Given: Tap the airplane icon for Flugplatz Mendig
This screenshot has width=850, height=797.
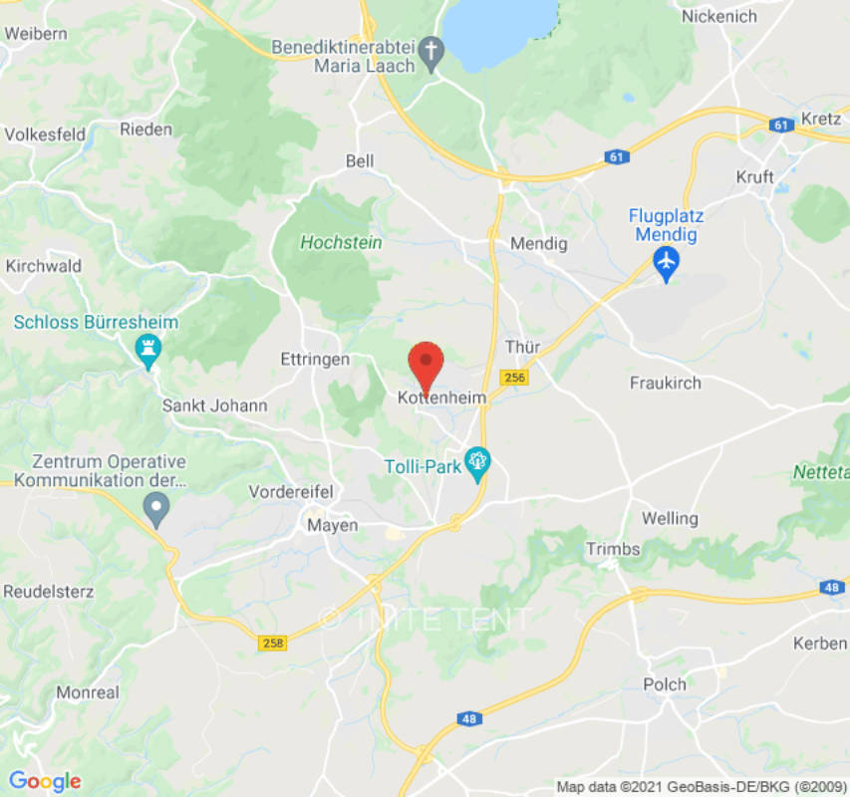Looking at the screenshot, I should tap(666, 263).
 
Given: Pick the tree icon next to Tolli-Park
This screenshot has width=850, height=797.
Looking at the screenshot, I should tap(479, 462).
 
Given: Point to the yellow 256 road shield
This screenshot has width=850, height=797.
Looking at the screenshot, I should tap(514, 378).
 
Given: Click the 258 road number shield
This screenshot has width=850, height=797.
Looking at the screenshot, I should tap(271, 644).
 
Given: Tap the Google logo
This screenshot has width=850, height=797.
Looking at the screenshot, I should tap(45, 781).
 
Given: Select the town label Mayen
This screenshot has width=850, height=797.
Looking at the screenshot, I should tap(333, 525).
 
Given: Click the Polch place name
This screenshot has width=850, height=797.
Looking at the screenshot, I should tap(665, 684).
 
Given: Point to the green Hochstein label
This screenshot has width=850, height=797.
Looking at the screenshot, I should tap(341, 242).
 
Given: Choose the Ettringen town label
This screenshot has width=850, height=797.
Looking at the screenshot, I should tap(316, 359).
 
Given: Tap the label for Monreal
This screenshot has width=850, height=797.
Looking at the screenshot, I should tap(88, 692).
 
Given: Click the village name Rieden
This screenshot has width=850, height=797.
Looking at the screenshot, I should tap(146, 129).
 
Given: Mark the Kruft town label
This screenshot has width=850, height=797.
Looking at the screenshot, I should tap(754, 176).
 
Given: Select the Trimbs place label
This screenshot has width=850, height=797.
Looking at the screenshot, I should tap(613, 549).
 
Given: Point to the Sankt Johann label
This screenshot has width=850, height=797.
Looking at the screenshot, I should tap(215, 405).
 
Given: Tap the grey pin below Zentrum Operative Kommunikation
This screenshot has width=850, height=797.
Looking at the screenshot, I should tap(155, 510).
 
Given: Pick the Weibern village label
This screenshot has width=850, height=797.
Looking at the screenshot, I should tap(36, 33).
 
